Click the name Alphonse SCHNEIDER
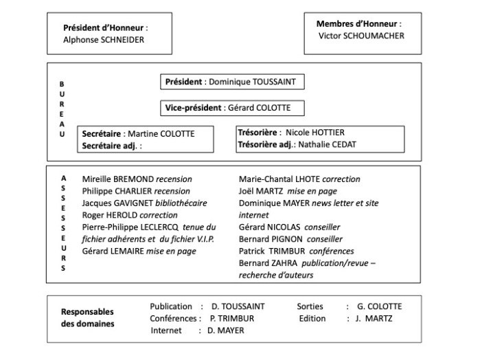pos(104,40)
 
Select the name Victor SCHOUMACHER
pos(361,36)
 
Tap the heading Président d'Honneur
pos(105,28)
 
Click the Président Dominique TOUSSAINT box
pos(231,82)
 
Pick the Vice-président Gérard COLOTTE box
pos(231,108)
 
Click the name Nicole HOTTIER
pos(315,132)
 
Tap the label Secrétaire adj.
pos(111,146)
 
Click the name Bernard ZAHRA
pos(266,263)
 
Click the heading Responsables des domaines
pos(88,317)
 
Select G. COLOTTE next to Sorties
pos(379,306)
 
